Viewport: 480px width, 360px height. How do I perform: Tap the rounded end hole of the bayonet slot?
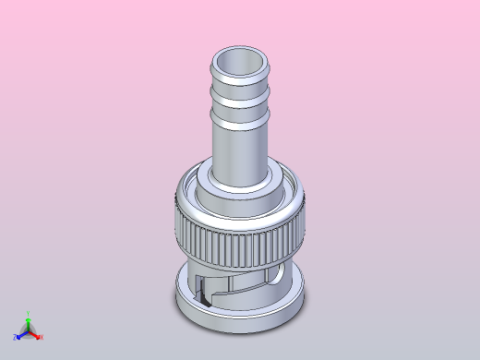click(x=278, y=278)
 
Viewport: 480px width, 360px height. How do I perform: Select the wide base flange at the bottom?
click(x=240, y=314)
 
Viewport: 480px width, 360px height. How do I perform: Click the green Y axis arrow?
click(x=29, y=322)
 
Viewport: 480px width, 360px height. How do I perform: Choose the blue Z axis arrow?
click(x=21, y=336)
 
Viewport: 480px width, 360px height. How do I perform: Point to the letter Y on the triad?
click(x=29, y=314)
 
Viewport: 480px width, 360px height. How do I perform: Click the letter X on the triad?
click(x=42, y=338)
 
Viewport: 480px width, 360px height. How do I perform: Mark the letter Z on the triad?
click(x=16, y=338)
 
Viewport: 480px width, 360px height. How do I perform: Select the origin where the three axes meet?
click(x=29, y=332)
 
